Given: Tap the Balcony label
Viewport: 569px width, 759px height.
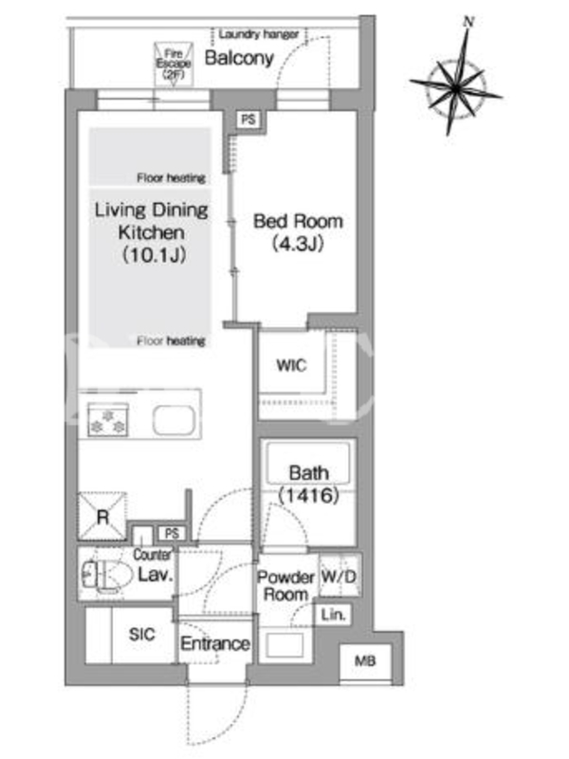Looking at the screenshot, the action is [239, 58].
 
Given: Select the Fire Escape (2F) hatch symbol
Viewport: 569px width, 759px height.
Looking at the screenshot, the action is [174, 64].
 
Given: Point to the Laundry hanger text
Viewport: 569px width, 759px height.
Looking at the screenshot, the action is [258, 34].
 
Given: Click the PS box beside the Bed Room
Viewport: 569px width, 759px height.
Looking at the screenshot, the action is [248, 120].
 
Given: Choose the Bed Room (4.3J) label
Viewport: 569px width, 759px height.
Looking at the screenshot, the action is [298, 231].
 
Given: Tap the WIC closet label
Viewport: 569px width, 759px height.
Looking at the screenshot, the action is [291, 365].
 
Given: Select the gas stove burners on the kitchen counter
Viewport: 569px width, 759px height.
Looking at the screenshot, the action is [107, 419].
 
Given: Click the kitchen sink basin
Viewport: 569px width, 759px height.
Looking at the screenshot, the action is [174, 419].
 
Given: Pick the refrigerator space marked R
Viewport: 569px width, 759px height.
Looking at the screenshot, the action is [102, 516].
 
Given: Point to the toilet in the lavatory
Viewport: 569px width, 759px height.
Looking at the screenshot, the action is [106, 575].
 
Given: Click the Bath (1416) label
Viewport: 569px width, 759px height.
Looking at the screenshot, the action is [309, 484].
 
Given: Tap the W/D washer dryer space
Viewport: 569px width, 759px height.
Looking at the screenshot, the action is [340, 576].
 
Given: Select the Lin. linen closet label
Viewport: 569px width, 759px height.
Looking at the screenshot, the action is [333, 615].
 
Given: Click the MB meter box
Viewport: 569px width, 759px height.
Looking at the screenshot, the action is [365, 661].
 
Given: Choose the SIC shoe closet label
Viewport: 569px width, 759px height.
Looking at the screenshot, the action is [141, 634].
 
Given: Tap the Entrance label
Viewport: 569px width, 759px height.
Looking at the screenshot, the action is [215, 644].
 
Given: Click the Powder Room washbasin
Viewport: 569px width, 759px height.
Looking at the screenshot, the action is [284, 645].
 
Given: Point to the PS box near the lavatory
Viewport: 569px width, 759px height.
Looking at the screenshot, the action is [172, 533].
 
